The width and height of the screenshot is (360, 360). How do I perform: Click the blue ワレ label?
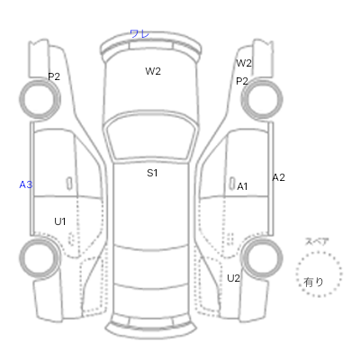tap(139, 33)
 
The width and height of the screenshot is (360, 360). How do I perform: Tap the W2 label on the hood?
tap(153, 71)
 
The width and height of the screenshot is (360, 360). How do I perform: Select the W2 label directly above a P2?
tap(244, 63)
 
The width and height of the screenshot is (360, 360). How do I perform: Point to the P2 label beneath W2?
tap(242, 81)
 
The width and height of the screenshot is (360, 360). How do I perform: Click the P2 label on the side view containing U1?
tap(54, 76)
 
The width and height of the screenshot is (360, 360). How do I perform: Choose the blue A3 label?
tap(26, 184)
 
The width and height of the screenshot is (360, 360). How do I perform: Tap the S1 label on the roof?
tap(152, 173)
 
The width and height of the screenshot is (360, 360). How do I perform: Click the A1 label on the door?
tap(242, 186)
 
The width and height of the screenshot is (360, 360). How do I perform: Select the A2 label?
tap(278, 177)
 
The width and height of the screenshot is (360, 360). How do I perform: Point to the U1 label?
tap(60, 221)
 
